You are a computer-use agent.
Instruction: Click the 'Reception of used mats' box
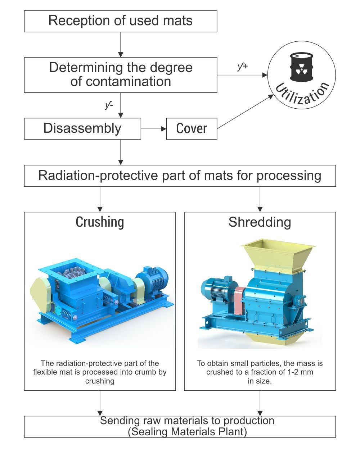point(121,21)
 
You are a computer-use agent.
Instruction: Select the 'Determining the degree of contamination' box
point(121,74)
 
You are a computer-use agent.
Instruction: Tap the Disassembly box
point(82,129)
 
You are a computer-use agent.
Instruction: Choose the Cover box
point(192,129)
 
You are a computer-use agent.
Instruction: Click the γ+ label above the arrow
point(242,67)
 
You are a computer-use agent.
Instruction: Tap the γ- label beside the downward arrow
point(109,105)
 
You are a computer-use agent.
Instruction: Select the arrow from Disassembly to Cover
point(153,129)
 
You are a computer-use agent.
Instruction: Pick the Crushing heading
point(100,222)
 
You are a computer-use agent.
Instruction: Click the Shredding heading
point(260,222)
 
